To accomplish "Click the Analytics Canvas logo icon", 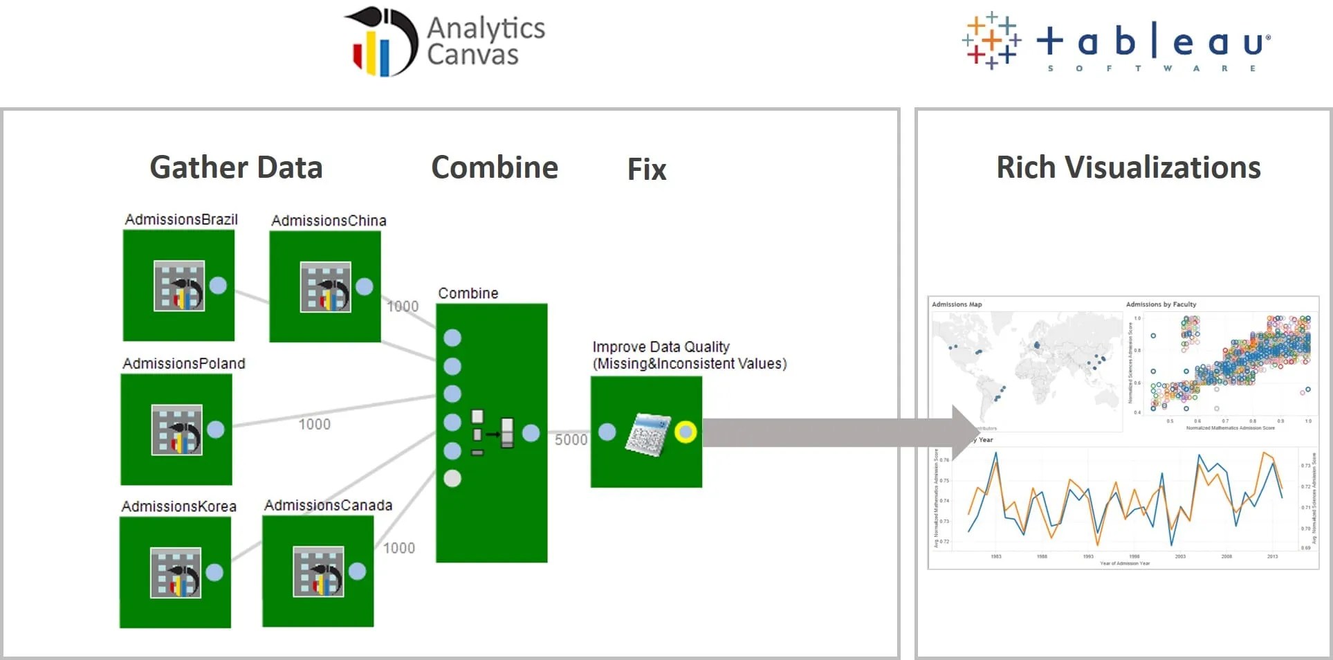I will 381,42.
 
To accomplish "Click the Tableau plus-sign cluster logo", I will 991,41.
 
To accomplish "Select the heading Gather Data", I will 236,167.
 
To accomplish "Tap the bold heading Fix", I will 647,169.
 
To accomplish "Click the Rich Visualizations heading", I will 1128,167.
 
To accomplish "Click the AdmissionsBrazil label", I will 181,219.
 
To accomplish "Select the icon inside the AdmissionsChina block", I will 325,286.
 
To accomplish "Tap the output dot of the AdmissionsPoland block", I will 216,430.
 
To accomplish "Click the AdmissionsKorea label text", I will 178,506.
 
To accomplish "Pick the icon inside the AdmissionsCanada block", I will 318,571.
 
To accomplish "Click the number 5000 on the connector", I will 571,440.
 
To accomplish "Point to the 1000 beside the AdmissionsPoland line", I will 314,424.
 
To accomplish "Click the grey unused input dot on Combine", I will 452,478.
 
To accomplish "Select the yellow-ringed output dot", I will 686,432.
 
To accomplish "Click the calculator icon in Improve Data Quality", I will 648,434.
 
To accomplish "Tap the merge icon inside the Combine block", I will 493,432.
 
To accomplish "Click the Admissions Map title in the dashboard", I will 957,304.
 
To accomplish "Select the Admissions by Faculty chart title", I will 1161,304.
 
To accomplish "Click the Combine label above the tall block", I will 468,293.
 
